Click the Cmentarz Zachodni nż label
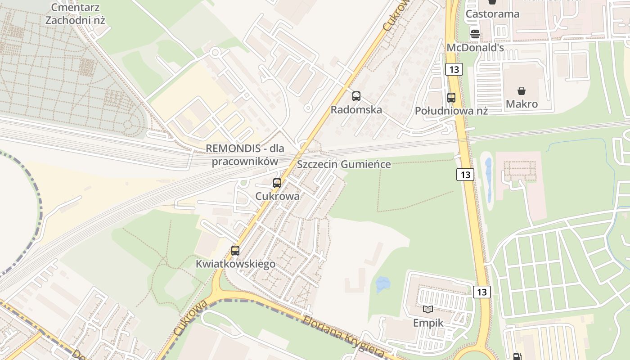[75, 13]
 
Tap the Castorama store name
[492, 14]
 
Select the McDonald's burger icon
[475, 34]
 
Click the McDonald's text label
[475, 47]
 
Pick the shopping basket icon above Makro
[522, 91]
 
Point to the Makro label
[522, 104]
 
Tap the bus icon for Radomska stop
[356, 96]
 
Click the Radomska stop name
[356, 110]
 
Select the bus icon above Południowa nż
[451, 97]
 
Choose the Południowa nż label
[451, 111]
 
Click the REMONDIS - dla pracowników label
[245, 155]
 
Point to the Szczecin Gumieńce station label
[344, 164]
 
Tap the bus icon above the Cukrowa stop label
[277, 183]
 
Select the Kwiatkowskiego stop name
[235, 264]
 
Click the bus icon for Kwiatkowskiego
[235, 251]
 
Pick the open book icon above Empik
[428, 309]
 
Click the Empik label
[428, 323]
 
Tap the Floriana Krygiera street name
[344, 337]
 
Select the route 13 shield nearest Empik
[481, 292]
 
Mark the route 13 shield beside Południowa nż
[454, 69]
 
